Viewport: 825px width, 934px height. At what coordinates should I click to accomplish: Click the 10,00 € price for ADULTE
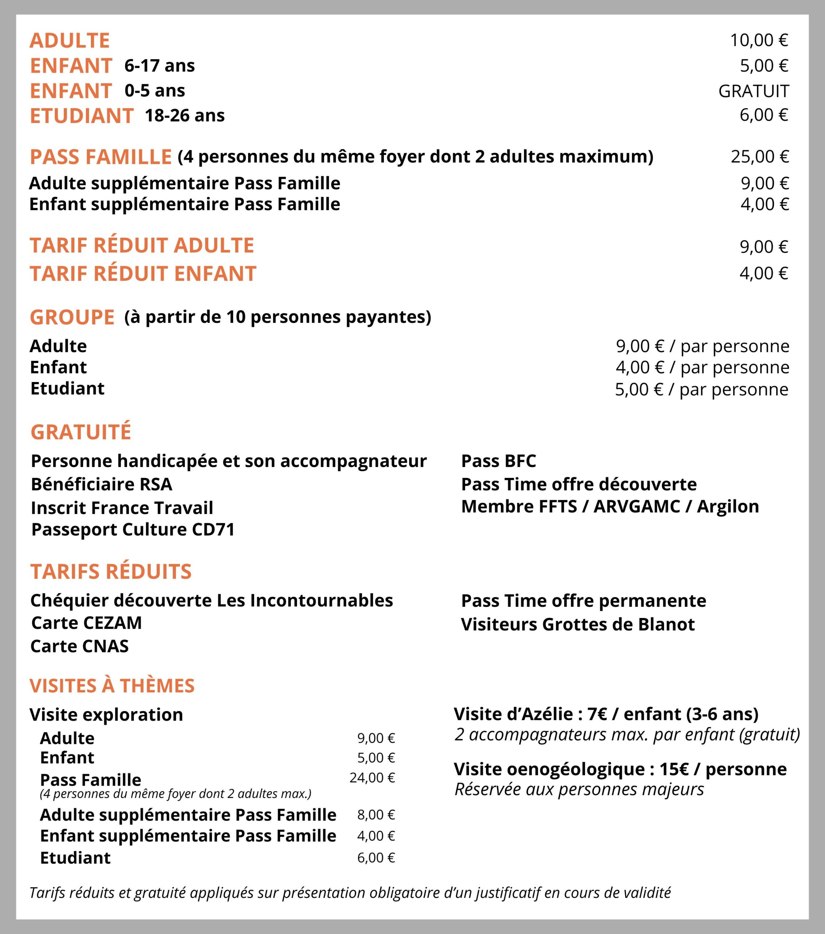point(759,40)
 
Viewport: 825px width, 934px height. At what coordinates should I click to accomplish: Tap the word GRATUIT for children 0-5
point(753,91)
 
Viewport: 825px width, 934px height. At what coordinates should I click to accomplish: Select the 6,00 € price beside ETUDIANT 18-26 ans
point(764,115)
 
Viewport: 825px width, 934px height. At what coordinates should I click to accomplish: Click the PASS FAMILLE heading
point(101,157)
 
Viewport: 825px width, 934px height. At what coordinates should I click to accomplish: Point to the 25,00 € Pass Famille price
point(760,157)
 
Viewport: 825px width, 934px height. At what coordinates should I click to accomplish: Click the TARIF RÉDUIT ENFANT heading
point(143,273)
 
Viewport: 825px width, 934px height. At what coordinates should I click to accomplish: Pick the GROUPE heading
point(72,317)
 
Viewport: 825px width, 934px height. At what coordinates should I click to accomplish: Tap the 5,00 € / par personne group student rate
point(702,389)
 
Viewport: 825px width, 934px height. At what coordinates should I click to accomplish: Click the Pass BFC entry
point(498,460)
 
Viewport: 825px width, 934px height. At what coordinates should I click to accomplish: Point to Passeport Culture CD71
point(132,529)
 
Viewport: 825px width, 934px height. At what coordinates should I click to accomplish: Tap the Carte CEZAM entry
point(86,623)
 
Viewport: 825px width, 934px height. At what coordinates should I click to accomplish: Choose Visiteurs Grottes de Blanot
point(578,624)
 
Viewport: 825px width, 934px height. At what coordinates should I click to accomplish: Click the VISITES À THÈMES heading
point(112,686)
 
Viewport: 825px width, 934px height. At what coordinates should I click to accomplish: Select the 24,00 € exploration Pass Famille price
point(372,777)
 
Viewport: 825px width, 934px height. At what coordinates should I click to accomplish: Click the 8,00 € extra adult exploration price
point(376,815)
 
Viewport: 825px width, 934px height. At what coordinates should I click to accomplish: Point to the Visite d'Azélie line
point(606,713)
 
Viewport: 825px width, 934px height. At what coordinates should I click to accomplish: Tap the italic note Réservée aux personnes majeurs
point(579,789)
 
